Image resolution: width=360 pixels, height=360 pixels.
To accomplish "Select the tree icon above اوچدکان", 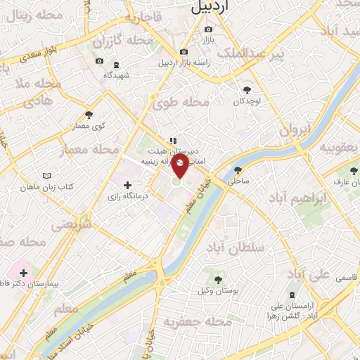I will point(247,89).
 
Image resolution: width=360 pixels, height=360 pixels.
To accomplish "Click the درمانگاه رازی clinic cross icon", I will point(127,186).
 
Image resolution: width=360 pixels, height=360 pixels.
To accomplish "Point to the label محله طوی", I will point(181,103).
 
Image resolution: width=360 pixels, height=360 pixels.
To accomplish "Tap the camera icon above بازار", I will point(208,29).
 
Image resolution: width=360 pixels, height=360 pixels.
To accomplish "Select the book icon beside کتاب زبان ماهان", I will point(46,175).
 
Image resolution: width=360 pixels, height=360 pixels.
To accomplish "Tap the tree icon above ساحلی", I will point(238,169).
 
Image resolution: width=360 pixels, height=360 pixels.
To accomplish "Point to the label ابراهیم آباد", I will point(297,199).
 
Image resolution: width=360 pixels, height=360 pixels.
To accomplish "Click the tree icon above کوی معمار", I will point(89,115).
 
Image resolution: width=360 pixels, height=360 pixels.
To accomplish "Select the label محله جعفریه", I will point(198,322).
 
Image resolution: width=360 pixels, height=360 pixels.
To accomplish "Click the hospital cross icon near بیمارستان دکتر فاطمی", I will point(23,271).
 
